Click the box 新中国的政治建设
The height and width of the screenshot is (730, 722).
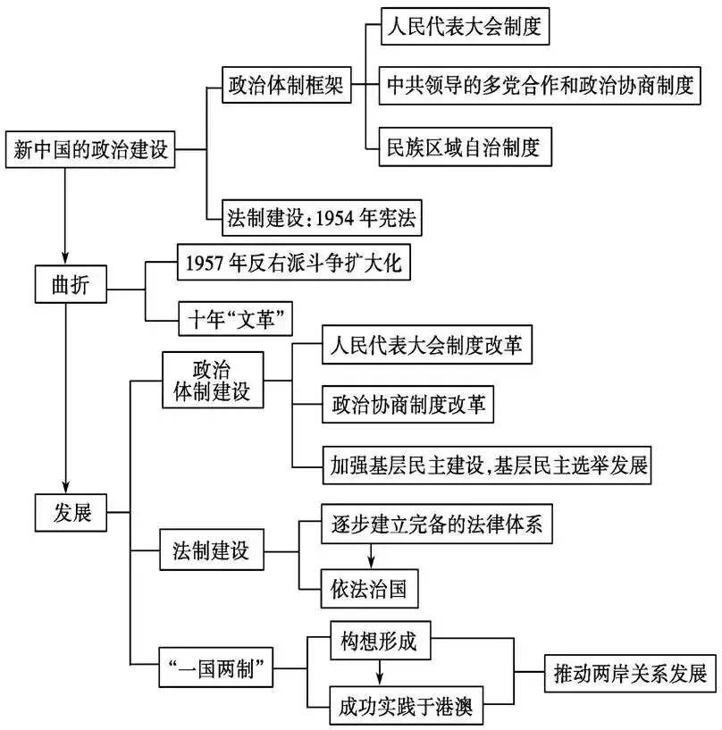(91, 148)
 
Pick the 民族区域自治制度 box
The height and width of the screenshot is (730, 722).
(462, 147)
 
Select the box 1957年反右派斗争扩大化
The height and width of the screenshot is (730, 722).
(295, 262)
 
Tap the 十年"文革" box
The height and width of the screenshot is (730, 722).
(236, 319)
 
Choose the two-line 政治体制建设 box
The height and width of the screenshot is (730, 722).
(212, 381)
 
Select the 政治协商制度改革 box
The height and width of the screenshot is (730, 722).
(407, 404)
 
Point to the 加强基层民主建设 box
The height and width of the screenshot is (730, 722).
(486, 464)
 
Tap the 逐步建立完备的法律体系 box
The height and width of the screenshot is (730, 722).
(432, 525)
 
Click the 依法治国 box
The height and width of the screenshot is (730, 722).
(369, 590)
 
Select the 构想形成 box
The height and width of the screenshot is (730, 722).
(381, 640)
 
